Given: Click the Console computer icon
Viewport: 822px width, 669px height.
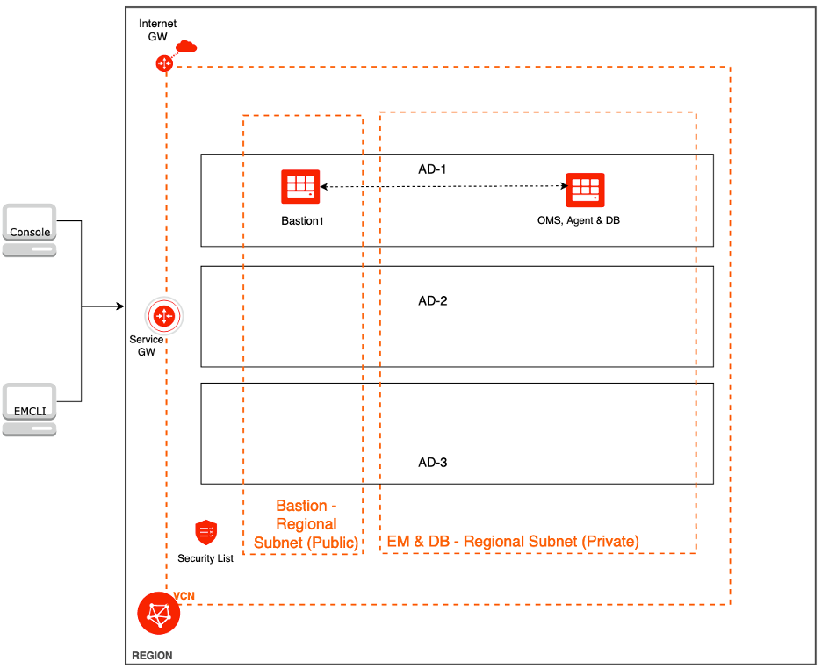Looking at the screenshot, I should coord(29,229).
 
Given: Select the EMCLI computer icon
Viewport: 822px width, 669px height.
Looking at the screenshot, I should coord(29,409).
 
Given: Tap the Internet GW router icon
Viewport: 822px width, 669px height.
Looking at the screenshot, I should coord(163,63).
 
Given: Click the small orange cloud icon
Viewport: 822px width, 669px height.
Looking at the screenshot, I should coord(186,46).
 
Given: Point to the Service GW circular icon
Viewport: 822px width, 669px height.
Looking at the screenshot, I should coord(164,316).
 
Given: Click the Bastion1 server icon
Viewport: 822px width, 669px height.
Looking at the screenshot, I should coord(300,187).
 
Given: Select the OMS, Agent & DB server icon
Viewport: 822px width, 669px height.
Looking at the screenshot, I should coord(585,190).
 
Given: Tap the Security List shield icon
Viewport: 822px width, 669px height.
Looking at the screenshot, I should coord(206,532).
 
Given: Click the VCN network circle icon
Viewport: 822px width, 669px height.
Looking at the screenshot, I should coord(159,613).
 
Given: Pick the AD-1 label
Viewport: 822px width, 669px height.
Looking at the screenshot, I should coord(433,169).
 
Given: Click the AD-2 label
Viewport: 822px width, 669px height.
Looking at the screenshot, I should coord(433,301).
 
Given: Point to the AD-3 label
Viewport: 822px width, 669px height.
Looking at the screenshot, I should coord(433,462).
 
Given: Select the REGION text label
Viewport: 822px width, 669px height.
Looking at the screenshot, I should coord(152,656).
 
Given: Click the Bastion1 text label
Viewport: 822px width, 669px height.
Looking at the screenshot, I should coord(303,221).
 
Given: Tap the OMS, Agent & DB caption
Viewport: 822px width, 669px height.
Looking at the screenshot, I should coord(579,221).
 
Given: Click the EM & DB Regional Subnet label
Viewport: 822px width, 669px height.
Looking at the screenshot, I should coord(513,542).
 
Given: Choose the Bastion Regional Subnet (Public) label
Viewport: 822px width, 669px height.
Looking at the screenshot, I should coord(306,524).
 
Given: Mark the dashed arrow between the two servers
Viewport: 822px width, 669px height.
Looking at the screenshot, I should coord(443,186).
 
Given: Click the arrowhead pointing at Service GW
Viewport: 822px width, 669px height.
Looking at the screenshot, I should coord(119,306).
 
